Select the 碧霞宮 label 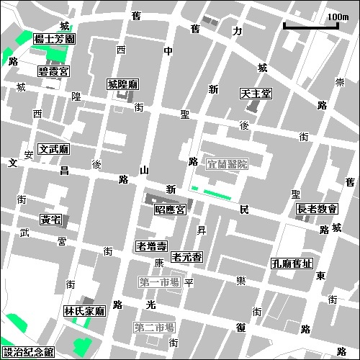coord(54,71)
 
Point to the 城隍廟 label coord(123,84)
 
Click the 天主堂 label coord(256,94)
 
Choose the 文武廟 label coord(54,149)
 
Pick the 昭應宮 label coord(171,210)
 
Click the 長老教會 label coord(317,210)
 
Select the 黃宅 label coord(50,220)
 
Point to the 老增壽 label coord(152,246)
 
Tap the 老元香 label coord(187,257)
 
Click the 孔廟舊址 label coord(292,263)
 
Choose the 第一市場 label coord(159,282)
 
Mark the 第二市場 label coord(155,328)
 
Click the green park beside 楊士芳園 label coord(22,40)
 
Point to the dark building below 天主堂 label coord(252,107)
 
